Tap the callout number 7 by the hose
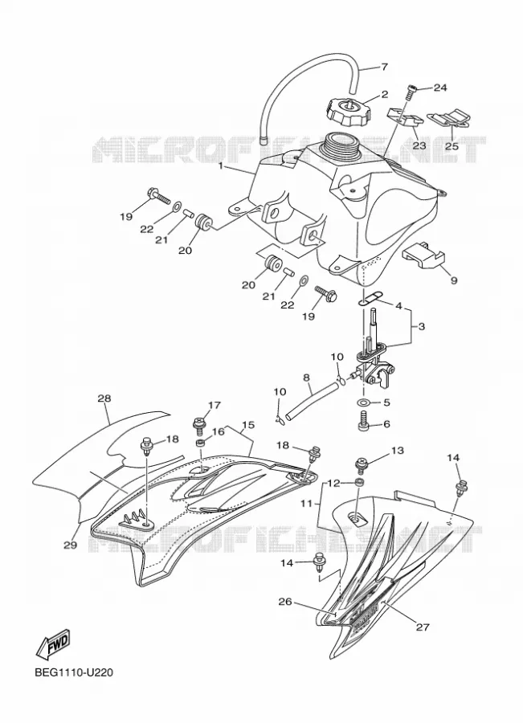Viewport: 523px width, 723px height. [384, 67]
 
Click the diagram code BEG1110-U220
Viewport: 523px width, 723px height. [74, 672]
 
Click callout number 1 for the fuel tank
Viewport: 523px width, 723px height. [221, 165]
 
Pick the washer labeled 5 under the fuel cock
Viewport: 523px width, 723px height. [364, 402]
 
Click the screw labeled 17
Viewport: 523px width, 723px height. [200, 425]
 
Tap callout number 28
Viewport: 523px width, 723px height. [104, 398]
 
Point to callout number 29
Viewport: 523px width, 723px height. [70, 545]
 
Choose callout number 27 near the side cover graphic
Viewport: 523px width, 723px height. [423, 627]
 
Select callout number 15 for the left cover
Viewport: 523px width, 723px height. [248, 424]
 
